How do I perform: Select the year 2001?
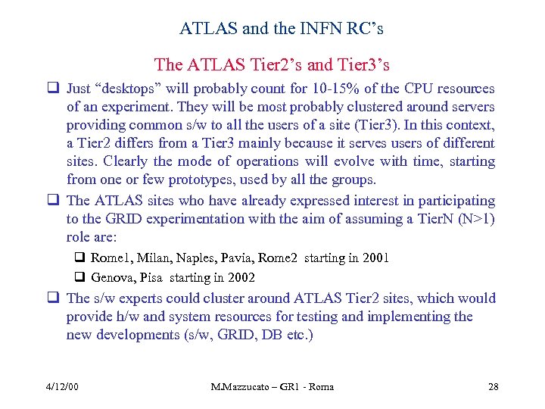[375, 258]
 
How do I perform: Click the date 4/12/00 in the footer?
[62, 387]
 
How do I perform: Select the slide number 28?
[493, 387]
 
